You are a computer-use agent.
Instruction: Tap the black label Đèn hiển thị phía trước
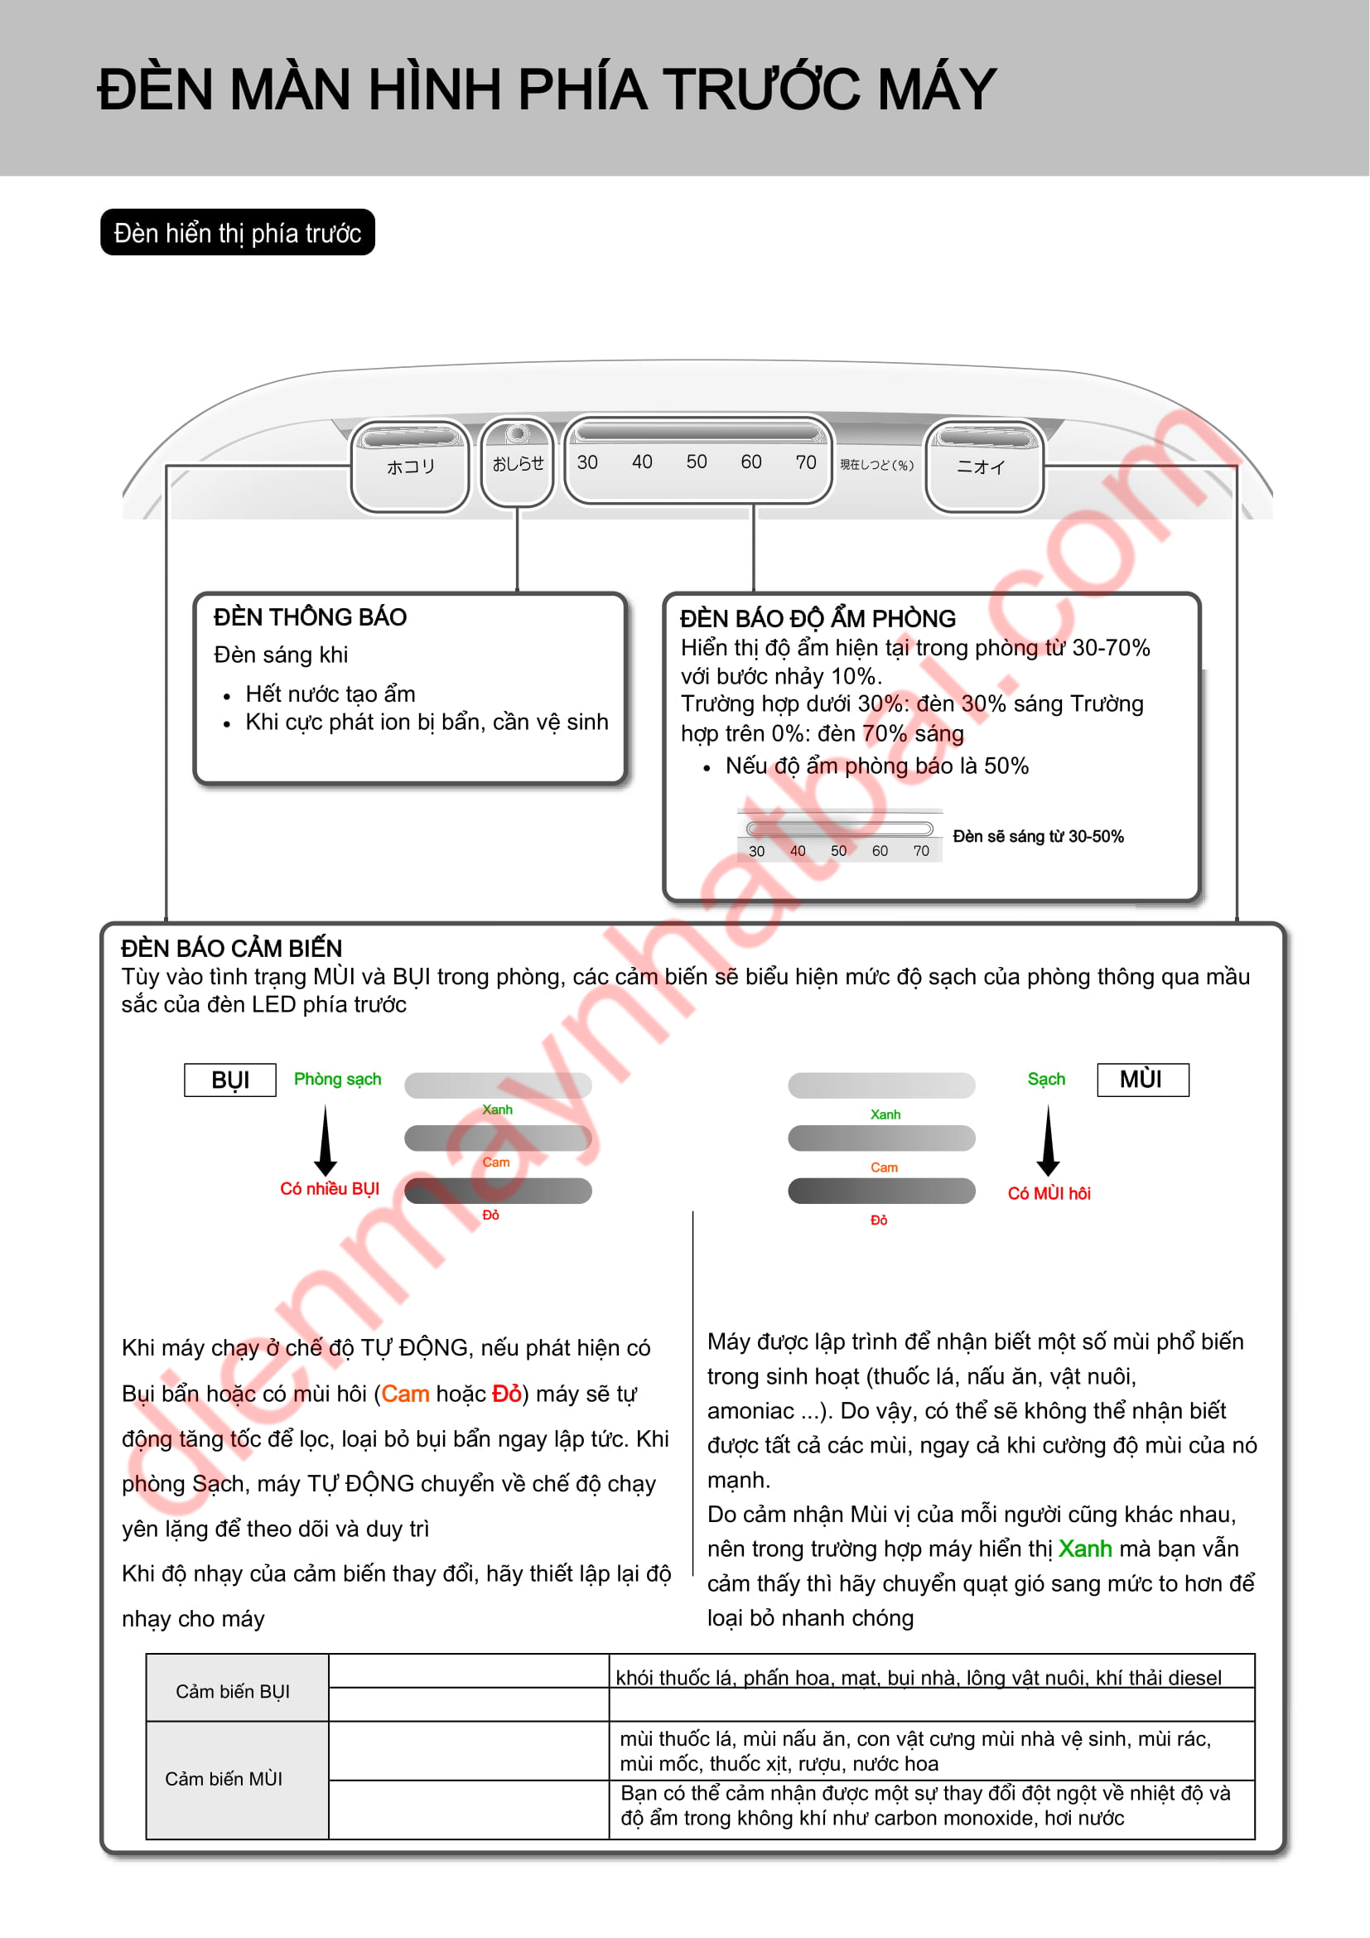(238, 232)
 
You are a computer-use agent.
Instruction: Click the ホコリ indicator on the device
(410, 466)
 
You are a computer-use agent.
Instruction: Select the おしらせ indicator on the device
(517, 463)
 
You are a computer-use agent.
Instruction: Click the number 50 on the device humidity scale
(696, 462)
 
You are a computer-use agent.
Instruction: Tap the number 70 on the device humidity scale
(806, 462)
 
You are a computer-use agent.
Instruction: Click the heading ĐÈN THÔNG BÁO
(311, 617)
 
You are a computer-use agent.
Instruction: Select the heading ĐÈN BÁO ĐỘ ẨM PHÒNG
(818, 619)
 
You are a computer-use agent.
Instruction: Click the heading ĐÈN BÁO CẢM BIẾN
(231, 948)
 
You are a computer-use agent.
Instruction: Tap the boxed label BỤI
(230, 1080)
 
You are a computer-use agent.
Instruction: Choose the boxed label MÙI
(1142, 1080)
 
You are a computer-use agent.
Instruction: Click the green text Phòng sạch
(337, 1079)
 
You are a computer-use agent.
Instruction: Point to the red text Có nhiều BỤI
(330, 1188)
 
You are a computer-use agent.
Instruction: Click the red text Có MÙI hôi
(1049, 1193)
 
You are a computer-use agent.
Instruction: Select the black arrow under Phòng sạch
(326, 1141)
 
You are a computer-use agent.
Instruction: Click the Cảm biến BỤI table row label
(233, 1692)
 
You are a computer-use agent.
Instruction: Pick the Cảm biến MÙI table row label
(224, 1779)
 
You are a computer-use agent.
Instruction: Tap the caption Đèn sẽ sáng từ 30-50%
(1038, 837)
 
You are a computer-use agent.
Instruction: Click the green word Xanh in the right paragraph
(1085, 1549)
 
